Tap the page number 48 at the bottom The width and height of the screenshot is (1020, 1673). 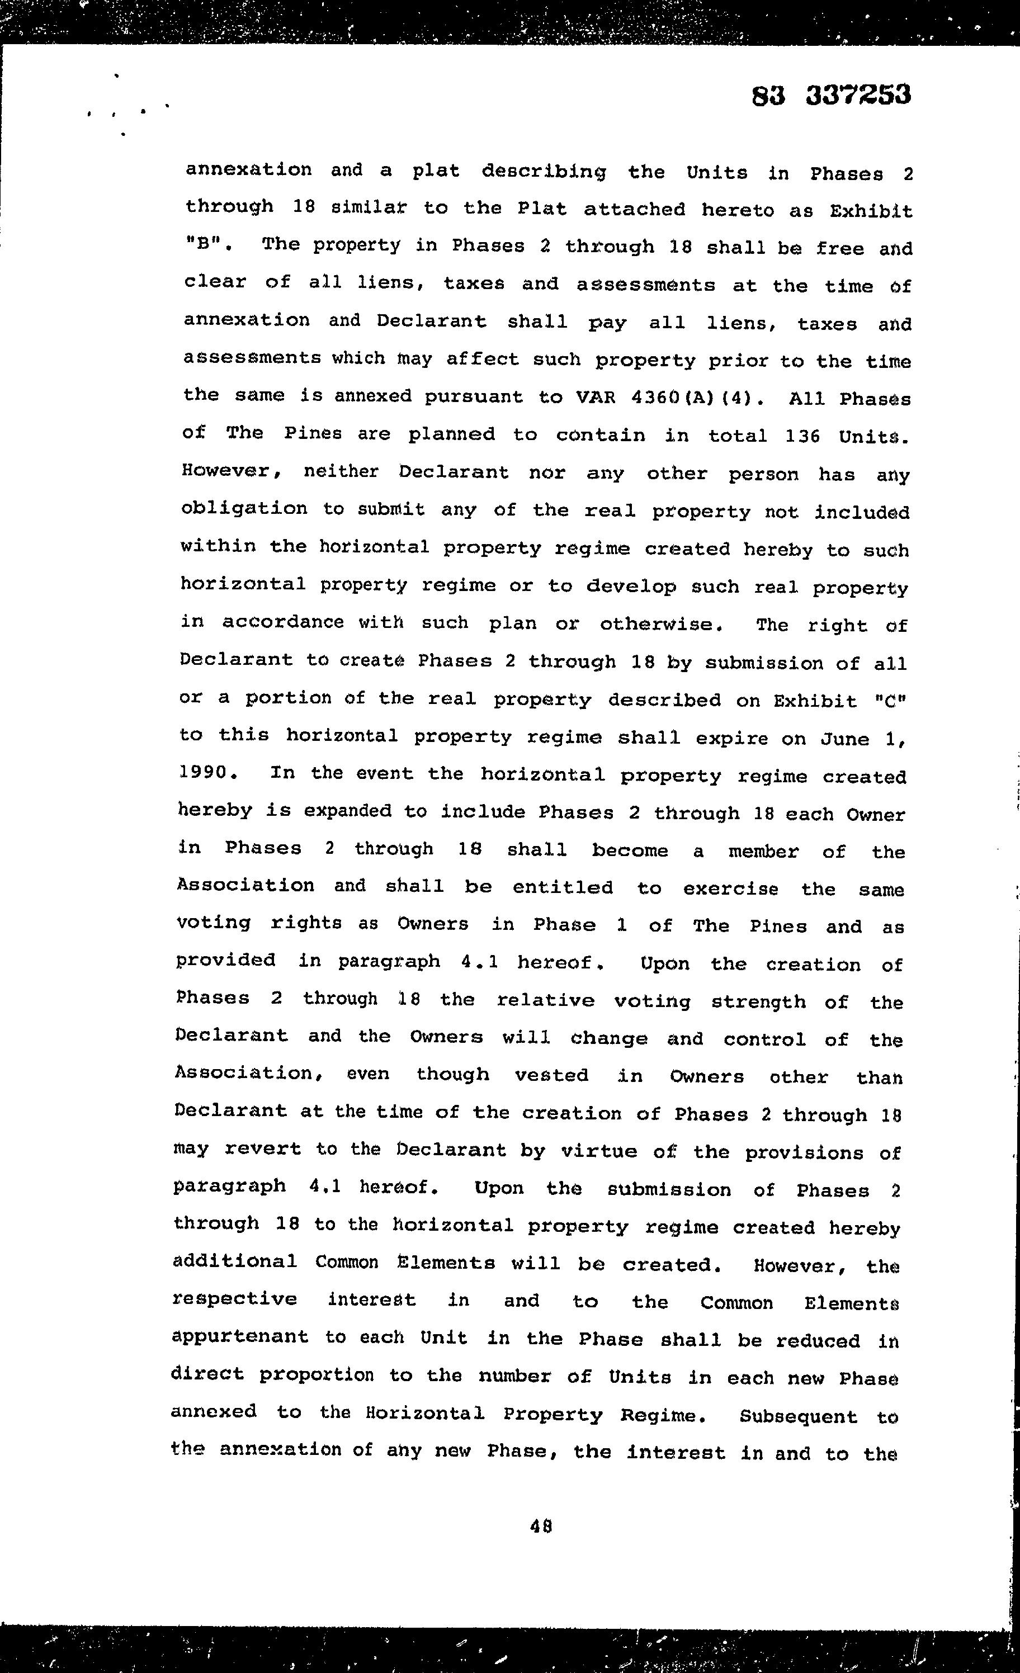[541, 1527]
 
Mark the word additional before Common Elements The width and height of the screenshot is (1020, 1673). [234, 1261]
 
